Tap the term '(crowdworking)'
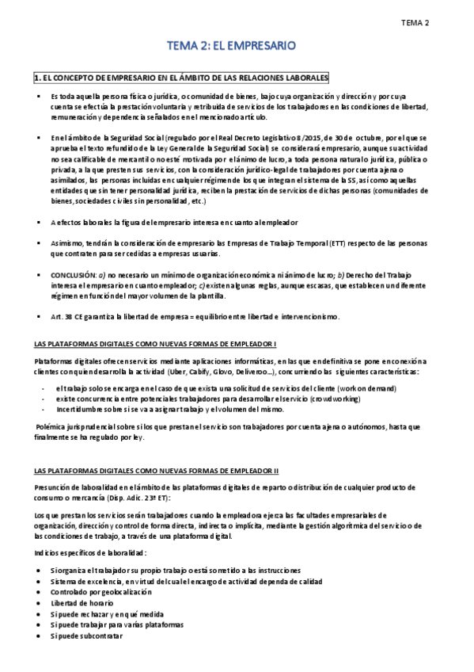[x=358, y=399]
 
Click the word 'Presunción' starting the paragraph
[x=53, y=487]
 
